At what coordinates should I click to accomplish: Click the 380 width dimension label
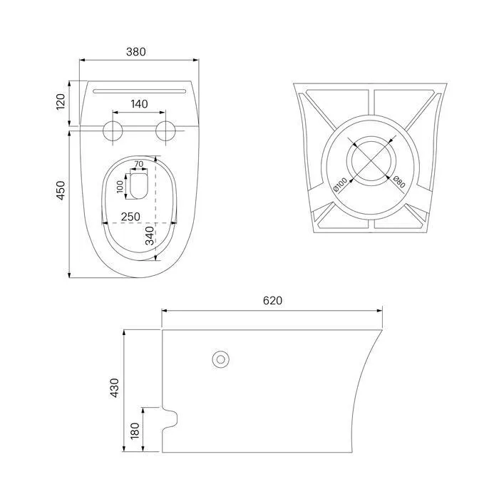[x=136, y=51]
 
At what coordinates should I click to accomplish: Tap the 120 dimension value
[x=61, y=102]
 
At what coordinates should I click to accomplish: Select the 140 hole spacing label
[x=140, y=104]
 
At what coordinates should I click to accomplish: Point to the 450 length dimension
[x=61, y=190]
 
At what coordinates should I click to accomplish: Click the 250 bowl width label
[x=130, y=217]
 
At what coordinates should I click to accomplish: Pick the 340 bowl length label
[x=150, y=236]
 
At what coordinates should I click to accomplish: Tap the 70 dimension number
[x=139, y=164]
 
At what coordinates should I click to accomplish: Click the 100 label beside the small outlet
[x=120, y=187]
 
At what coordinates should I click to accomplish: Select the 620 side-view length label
[x=272, y=300]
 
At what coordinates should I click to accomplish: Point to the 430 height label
[x=114, y=388]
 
